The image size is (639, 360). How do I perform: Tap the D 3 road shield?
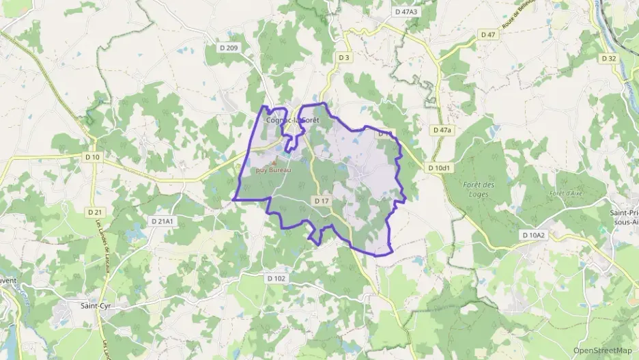coord(344,58)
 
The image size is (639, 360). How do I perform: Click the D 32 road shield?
coord(609,58)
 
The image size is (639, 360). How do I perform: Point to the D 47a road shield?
coord(442,129)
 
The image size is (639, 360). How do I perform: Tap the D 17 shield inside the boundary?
coord(322,200)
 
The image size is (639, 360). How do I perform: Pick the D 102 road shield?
coord(276,278)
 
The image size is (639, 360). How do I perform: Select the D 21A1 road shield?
coord(162,221)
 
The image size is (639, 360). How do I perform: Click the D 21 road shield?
coord(94,212)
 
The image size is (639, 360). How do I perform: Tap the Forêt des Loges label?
coord(478,189)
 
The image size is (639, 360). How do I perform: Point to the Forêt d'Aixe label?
coord(565,193)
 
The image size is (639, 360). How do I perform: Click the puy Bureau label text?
coord(273,169)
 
